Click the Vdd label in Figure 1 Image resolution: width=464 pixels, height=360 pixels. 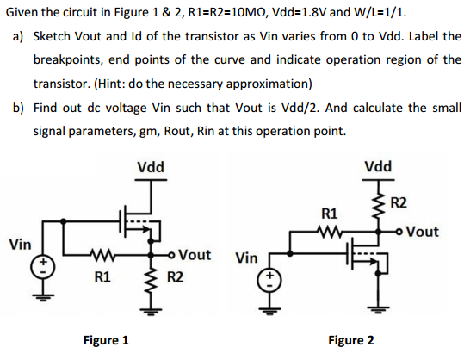pyautogui.click(x=151, y=167)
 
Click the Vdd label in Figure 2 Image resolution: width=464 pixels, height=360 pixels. pyautogui.click(x=378, y=166)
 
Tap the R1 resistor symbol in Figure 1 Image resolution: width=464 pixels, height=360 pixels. pyautogui.click(x=101, y=254)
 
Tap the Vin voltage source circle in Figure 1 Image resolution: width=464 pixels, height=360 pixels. pyautogui.click(x=43, y=267)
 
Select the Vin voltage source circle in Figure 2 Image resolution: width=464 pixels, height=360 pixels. pyautogui.click(x=269, y=281)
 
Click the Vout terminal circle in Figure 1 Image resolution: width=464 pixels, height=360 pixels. pyautogui.click(x=170, y=254)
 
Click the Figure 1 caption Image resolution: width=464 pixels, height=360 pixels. pyautogui.click(x=106, y=340)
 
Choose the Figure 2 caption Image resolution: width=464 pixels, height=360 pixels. pyautogui.click(x=351, y=340)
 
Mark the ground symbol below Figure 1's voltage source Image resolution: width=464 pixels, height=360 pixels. pyautogui.click(x=43, y=297)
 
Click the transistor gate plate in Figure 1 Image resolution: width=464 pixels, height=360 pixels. pyautogui.click(x=121, y=220)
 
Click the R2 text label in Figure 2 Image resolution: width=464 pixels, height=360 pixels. pyautogui.click(x=399, y=203)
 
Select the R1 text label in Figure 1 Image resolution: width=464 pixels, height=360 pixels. pyautogui.click(x=102, y=277)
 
